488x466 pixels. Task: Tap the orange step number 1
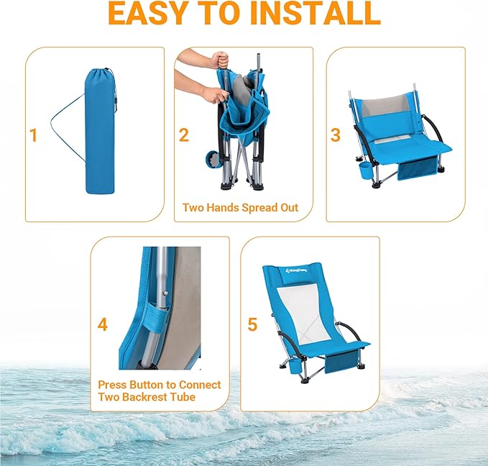33,134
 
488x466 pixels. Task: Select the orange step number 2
184,134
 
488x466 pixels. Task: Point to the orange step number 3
335,134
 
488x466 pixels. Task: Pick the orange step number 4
103,325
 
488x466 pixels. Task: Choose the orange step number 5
252,325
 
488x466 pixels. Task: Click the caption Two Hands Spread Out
240,208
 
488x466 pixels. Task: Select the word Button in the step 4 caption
147,385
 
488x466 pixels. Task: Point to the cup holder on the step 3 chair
365,172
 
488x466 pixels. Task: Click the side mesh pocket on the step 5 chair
343,363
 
